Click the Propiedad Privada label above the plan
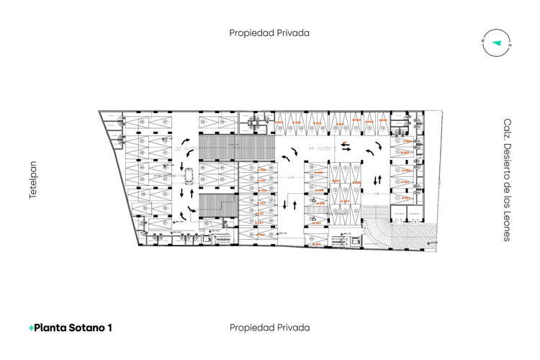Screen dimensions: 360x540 [x=269, y=32]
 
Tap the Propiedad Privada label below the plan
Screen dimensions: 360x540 [x=269, y=328]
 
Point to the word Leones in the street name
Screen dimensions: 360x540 [x=507, y=225]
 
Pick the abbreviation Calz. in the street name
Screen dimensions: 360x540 [x=507, y=130]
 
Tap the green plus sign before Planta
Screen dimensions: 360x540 [x=31, y=328]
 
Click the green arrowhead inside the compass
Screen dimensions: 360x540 [x=496, y=42]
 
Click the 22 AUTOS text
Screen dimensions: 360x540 [x=186, y=148]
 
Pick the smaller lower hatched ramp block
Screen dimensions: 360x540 [x=217, y=205]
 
